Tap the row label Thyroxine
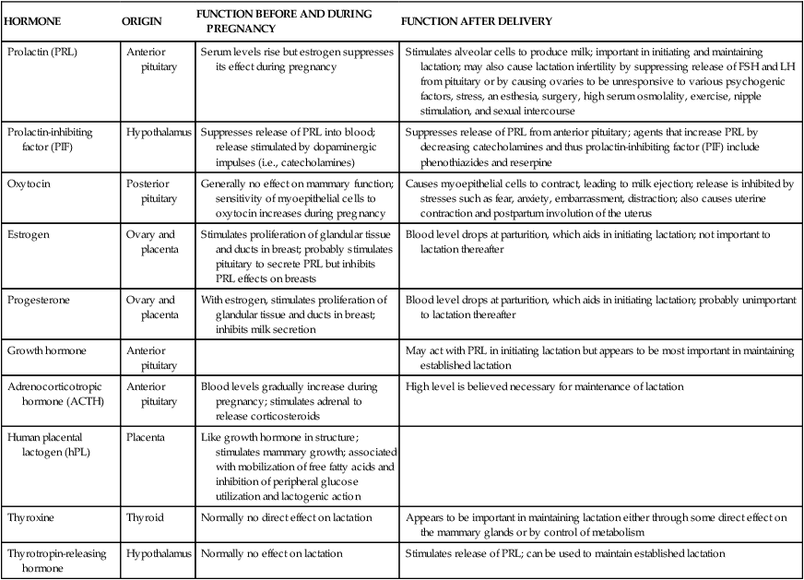click(30, 517)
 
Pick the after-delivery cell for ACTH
click(545, 386)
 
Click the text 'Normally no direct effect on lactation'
click(286, 517)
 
